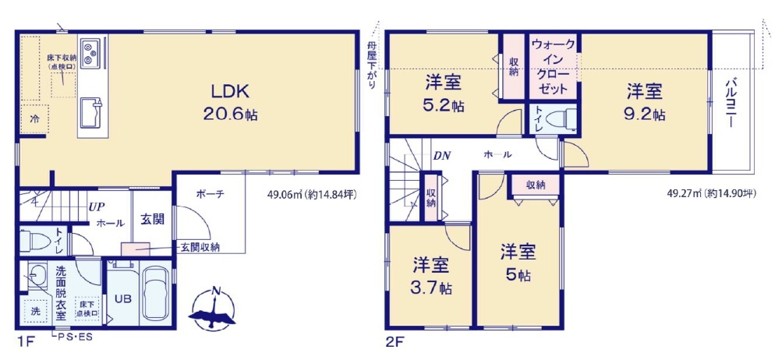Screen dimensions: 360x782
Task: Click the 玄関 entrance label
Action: tap(153, 219)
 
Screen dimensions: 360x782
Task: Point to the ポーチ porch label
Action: tap(211, 194)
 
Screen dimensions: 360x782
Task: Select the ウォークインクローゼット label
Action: tap(554, 67)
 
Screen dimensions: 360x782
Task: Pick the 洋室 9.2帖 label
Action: tap(645, 102)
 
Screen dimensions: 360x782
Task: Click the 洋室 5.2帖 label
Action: tap(444, 94)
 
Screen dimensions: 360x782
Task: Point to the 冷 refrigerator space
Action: tap(34, 119)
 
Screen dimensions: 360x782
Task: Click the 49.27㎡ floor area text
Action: tap(710, 194)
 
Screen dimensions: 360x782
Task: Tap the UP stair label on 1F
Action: tap(97, 207)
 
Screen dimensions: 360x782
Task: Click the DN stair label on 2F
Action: tap(442, 154)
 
